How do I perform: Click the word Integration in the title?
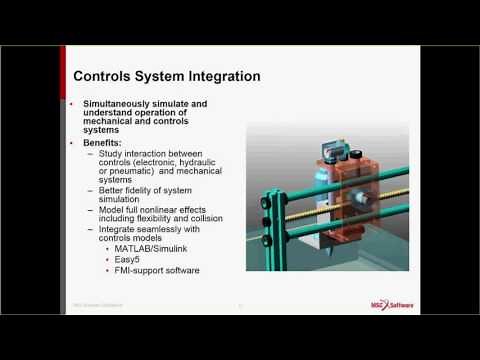point(224,76)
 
